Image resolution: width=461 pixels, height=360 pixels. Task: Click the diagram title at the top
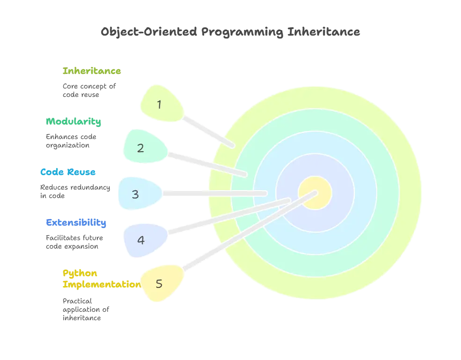pos(231,32)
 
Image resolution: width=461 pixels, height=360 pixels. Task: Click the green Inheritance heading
pos(92,71)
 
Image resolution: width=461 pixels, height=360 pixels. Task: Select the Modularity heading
pos(73,121)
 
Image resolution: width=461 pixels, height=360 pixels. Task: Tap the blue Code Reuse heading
pos(68,172)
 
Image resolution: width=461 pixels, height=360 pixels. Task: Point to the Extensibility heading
pos(77,222)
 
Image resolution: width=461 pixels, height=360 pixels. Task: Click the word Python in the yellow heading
pos(73,272)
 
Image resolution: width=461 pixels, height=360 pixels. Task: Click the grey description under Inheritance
pos(88,89)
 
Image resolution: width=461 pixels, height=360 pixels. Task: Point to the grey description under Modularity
pos(71,140)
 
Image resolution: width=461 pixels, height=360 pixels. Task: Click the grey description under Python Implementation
pos(86,309)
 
